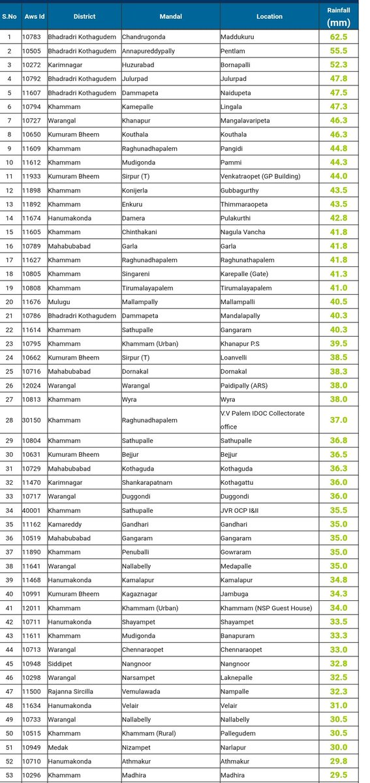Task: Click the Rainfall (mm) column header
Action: [338, 16]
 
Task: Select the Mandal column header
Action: [170, 16]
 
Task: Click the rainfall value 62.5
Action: [338, 37]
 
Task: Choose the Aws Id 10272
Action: [32, 65]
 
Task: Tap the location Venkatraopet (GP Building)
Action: [260, 176]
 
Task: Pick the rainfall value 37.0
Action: [338, 420]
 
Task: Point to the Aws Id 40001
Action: [32, 510]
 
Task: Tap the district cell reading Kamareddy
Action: [65, 524]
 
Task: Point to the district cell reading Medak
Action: [58, 746]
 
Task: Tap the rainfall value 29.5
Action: [338, 775]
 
